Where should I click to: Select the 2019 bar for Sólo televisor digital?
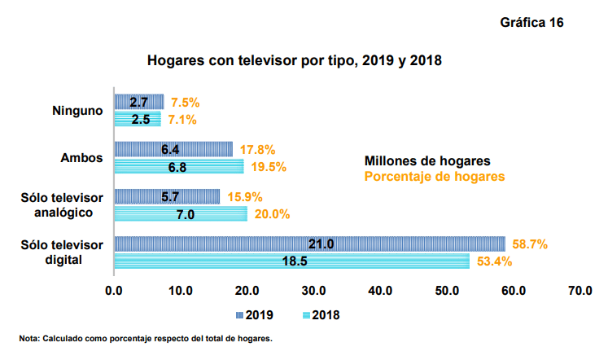click(x=309, y=244)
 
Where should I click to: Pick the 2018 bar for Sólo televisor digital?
click(x=291, y=261)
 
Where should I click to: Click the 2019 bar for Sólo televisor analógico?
click(x=167, y=196)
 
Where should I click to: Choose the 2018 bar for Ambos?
click(x=178, y=166)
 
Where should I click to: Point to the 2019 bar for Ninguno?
click(x=139, y=102)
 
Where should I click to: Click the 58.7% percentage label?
click(x=528, y=244)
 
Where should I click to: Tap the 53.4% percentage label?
click(x=492, y=261)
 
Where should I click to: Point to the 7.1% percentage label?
click(x=183, y=120)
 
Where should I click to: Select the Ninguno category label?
click(x=77, y=111)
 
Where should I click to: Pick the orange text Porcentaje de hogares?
click(x=434, y=176)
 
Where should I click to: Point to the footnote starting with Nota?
click(x=146, y=338)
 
